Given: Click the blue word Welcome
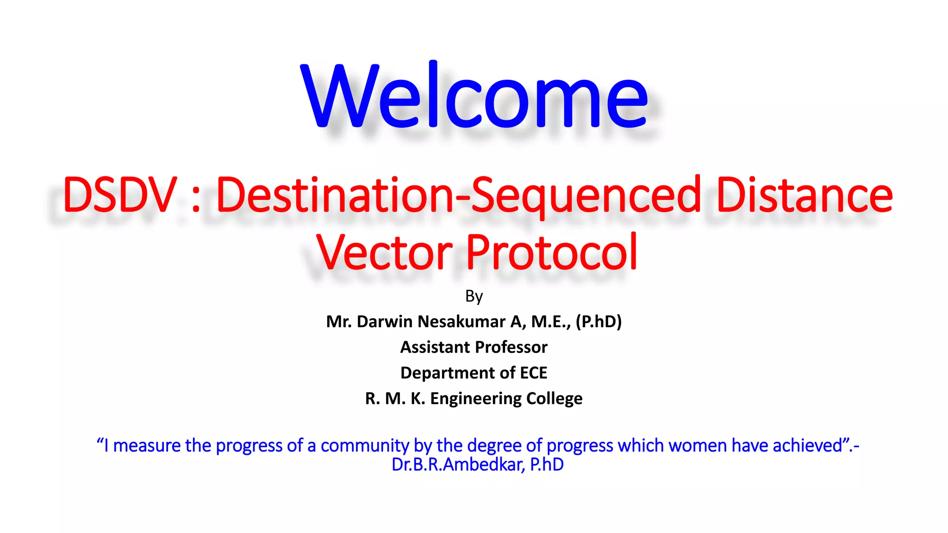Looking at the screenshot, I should (x=474, y=97).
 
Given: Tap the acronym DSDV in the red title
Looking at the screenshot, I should (x=119, y=195).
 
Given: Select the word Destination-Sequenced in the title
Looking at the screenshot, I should (x=458, y=195).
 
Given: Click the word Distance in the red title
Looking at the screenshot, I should (x=805, y=195).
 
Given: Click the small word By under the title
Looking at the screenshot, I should (x=474, y=296).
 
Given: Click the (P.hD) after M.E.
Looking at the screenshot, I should (x=599, y=321).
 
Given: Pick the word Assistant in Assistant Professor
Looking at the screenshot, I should (x=435, y=347).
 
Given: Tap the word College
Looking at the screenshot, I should (x=555, y=398).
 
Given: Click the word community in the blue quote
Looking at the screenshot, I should (x=364, y=446).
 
